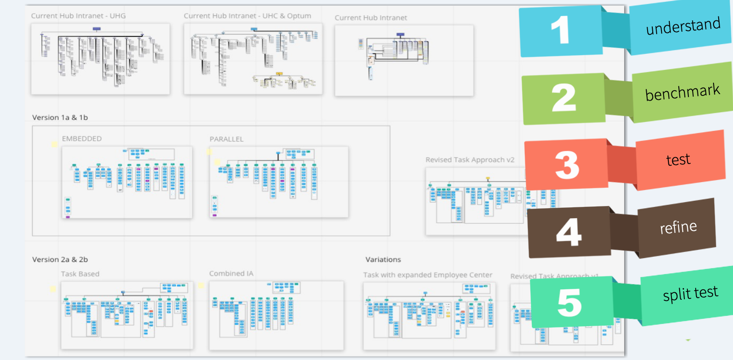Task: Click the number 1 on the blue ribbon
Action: (560, 30)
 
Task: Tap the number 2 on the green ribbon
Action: (563, 98)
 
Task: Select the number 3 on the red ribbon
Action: (567, 165)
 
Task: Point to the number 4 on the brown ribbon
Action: (569, 232)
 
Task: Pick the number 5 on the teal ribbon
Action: (569, 302)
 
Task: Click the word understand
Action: (683, 26)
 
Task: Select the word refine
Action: (678, 227)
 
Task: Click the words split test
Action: (690, 293)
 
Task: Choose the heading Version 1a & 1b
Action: (60, 118)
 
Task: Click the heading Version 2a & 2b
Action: (60, 259)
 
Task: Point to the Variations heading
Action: (383, 259)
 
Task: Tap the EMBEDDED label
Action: (82, 139)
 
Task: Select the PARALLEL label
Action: (226, 139)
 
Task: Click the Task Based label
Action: (80, 274)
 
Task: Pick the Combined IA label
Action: (231, 274)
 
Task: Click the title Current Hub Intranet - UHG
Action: (78, 16)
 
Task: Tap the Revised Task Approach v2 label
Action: (470, 160)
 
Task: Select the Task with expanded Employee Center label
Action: (428, 275)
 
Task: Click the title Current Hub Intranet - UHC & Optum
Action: (247, 16)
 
